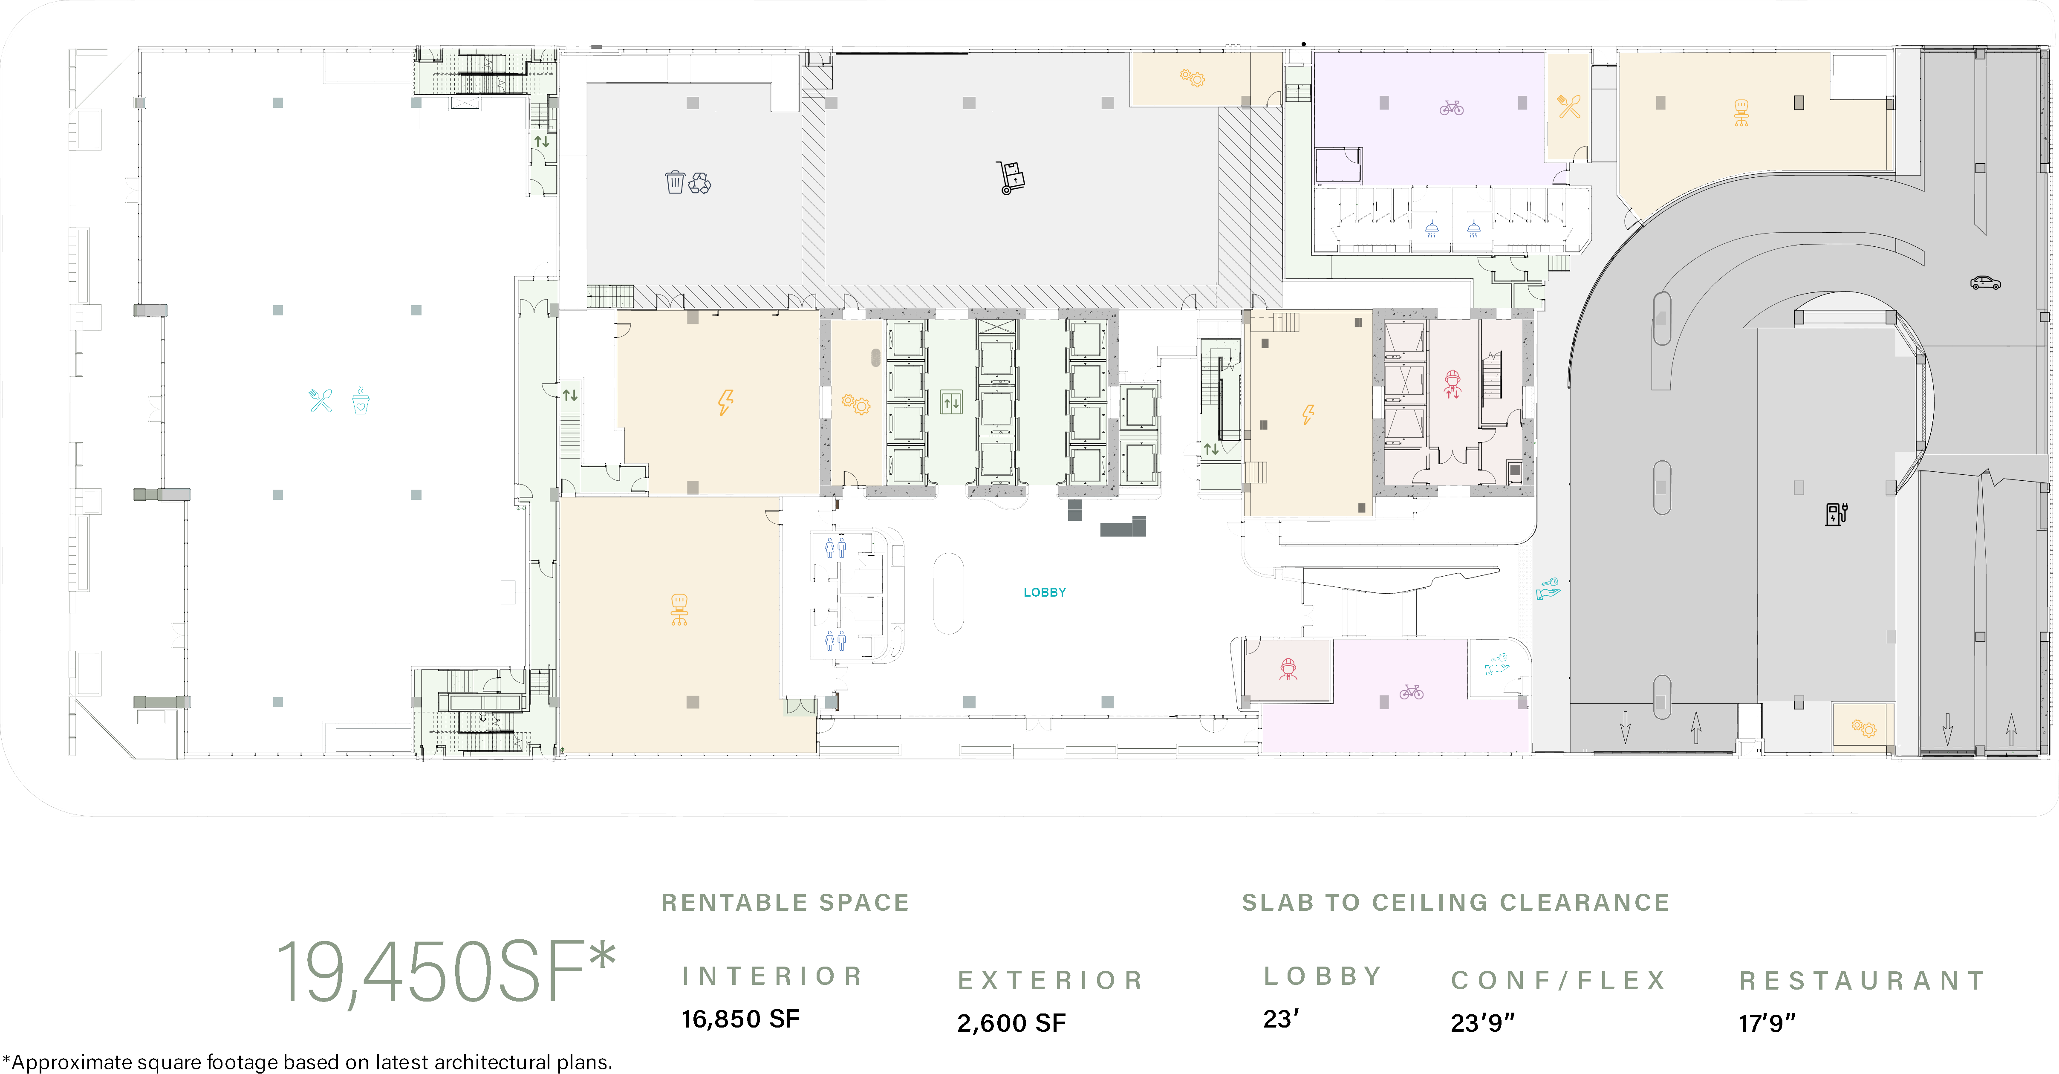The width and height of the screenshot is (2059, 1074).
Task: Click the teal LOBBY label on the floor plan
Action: point(1045,592)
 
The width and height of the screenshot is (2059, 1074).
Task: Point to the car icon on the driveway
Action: point(1985,282)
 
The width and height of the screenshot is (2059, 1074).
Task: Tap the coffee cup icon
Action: point(361,400)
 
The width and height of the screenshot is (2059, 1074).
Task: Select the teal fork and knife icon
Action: point(321,400)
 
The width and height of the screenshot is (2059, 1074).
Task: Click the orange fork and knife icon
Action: point(1569,106)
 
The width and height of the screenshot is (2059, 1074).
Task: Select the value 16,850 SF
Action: point(740,1019)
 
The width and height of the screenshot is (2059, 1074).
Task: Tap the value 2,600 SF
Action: point(1011,1023)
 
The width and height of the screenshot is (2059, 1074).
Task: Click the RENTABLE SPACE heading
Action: point(785,902)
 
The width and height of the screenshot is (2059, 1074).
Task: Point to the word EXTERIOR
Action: point(1050,980)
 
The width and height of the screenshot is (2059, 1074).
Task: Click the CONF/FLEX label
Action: point(1559,980)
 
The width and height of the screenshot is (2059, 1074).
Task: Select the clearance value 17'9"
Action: point(1767,1023)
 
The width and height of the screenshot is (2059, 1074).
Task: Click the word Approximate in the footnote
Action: point(74,1062)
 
